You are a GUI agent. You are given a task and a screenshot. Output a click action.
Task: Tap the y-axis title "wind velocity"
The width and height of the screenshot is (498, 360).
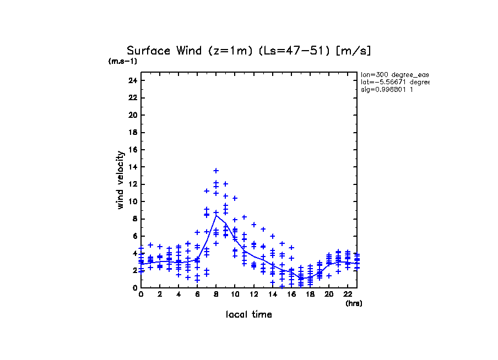120,180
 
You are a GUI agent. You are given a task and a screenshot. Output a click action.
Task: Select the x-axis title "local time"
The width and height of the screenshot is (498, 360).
248,315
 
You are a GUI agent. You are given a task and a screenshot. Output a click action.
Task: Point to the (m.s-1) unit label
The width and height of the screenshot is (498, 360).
123,61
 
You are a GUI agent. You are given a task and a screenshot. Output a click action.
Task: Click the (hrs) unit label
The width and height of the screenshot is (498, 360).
354,303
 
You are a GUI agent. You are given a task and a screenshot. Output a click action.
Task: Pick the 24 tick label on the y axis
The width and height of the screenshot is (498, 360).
132,81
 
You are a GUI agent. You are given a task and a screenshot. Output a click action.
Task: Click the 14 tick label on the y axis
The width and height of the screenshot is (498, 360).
132,167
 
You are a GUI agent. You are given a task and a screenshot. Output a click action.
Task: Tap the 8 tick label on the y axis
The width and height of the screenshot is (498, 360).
134,219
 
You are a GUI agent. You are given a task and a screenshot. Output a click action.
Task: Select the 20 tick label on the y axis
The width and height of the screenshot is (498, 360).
132,115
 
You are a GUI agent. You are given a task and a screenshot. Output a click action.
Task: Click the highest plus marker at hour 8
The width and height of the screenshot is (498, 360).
216,171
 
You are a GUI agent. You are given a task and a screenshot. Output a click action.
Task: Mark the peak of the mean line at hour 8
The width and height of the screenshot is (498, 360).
216,215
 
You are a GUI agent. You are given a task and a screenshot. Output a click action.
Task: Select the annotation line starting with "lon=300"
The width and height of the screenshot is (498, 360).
394,74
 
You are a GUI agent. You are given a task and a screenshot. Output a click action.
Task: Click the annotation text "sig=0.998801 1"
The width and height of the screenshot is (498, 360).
387,90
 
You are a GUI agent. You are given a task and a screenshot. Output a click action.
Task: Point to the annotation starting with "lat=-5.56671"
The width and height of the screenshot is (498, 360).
394,82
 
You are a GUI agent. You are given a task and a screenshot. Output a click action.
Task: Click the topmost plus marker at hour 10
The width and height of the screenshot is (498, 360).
235,198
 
